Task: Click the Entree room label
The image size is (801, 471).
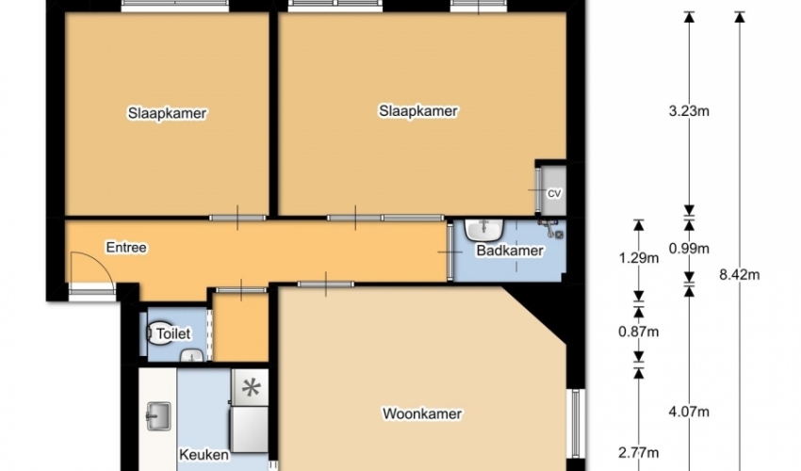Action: (x=126, y=248)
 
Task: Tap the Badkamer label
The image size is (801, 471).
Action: (x=510, y=251)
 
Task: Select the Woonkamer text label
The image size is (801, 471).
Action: (x=422, y=414)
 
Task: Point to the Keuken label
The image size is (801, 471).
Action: (x=204, y=455)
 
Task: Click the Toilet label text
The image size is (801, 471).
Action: (x=173, y=334)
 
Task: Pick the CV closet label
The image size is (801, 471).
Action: (x=554, y=194)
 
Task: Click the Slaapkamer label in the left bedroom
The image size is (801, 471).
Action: (x=167, y=113)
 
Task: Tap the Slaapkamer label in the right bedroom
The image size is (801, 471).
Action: (x=417, y=111)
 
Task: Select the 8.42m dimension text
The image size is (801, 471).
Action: (x=740, y=275)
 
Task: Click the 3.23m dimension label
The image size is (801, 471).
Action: (x=689, y=111)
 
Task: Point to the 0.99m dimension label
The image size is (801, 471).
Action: (x=689, y=249)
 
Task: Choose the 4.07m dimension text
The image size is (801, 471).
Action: (x=689, y=412)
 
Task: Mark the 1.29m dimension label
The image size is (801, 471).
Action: (x=639, y=258)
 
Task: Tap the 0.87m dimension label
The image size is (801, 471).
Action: (x=639, y=332)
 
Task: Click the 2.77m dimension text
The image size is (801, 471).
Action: (x=639, y=452)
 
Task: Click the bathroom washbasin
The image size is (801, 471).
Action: (x=484, y=230)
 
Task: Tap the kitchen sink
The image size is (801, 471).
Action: (x=158, y=416)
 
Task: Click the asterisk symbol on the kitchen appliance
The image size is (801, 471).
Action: (x=251, y=388)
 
